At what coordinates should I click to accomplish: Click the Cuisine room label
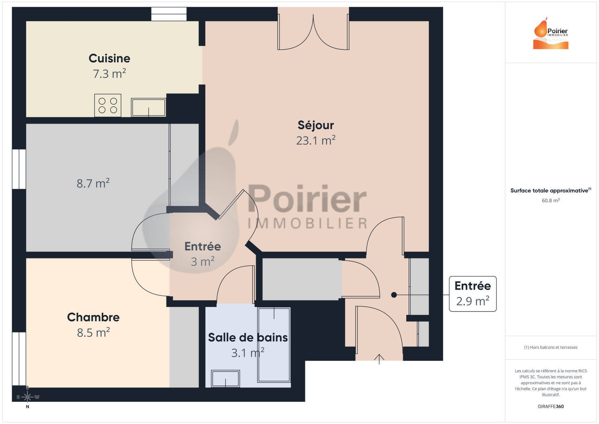(109, 58)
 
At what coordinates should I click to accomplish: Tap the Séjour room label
(316, 125)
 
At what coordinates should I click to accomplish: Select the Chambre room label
(93, 317)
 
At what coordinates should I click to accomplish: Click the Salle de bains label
(248, 338)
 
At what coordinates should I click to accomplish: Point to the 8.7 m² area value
(93, 183)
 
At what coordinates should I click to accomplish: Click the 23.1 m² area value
(316, 141)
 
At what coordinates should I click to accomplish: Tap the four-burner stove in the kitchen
(108, 106)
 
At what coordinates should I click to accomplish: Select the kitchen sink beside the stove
(149, 107)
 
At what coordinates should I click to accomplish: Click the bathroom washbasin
(225, 378)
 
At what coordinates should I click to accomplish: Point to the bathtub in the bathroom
(274, 345)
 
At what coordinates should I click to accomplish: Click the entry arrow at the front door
(379, 359)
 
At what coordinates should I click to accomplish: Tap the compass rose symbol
(27, 397)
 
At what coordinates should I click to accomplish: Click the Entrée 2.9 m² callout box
(473, 294)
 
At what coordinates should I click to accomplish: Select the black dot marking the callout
(394, 295)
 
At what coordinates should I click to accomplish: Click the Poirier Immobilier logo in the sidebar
(551, 33)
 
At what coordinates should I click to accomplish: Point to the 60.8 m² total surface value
(551, 200)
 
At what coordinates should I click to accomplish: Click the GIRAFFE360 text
(551, 407)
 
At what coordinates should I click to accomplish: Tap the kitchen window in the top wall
(169, 14)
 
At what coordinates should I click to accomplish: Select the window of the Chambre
(19, 359)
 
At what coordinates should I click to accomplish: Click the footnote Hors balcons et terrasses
(551, 347)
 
